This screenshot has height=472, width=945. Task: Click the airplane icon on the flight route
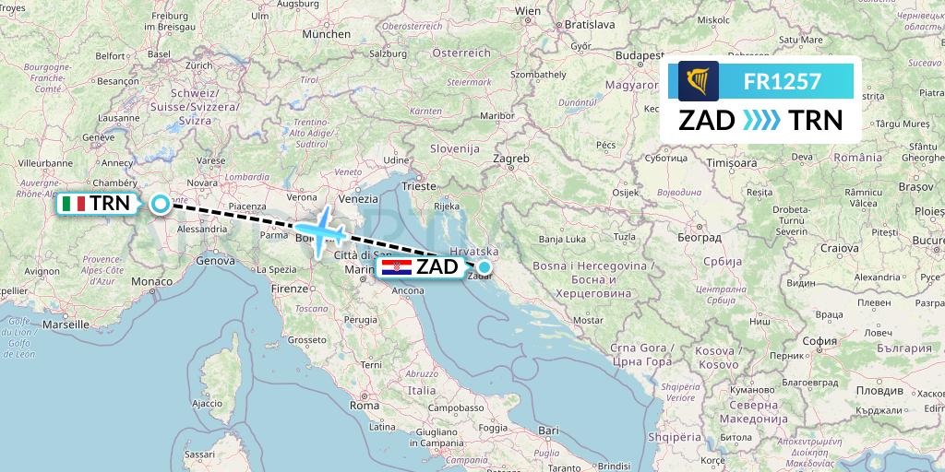[x=319, y=230]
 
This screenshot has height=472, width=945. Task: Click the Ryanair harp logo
[x=698, y=81]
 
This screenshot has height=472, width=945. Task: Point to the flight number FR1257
[x=783, y=81]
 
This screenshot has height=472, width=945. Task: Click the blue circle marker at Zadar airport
[x=484, y=267]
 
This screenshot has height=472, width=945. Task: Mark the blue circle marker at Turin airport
[x=161, y=204]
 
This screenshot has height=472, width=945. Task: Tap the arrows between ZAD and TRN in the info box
[x=761, y=121]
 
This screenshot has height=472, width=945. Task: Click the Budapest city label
[x=641, y=55]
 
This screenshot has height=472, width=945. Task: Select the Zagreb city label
[x=511, y=159]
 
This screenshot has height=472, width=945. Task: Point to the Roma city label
[x=365, y=405]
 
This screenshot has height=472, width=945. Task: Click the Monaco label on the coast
[x=152, y=280]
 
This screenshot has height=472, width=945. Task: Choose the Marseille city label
[x=64, y=324]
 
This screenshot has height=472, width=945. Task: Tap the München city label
[x=327, y=34]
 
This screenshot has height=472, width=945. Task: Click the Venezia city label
[x=359, y=198]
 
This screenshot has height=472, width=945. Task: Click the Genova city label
[x=216, y=260]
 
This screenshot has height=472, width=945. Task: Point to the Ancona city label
[x=408, y=290]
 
